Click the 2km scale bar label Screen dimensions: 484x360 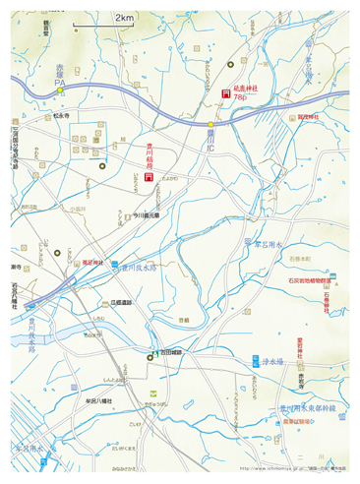tap(125, 18)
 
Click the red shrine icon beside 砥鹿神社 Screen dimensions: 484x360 tap(226, 94)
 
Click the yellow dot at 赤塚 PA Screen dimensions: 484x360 tap(60, 91)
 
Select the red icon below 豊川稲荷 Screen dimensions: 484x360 tap(149, 180)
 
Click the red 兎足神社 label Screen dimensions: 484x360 tap(92, 262)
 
